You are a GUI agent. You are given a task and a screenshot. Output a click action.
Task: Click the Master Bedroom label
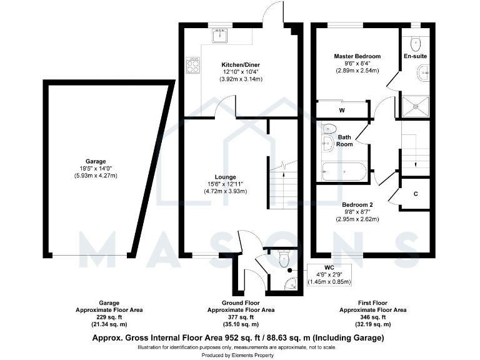click(357, 56)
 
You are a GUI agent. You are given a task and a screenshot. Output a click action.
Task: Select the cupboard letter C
click(416, 193)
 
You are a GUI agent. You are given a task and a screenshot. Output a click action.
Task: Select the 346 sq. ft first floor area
click(373, 317)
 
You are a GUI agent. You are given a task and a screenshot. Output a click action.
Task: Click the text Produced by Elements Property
click(239, 353)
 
